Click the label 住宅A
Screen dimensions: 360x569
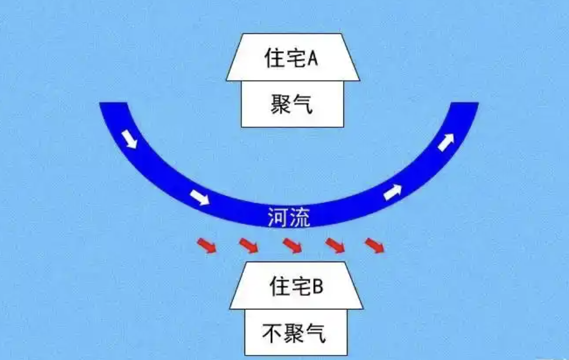[291, 58]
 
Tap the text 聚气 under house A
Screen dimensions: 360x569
[291, 105]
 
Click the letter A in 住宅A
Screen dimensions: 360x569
[312, 58]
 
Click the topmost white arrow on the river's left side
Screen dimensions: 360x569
[130, 139]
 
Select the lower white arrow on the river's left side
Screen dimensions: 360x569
[200, 197]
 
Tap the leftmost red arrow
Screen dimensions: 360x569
[206, 246]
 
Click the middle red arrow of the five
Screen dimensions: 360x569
[292, 246]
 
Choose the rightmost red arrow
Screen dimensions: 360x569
[374, 246]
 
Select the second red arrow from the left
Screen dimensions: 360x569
[249, 246]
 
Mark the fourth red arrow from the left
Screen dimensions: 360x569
[335, 246]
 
